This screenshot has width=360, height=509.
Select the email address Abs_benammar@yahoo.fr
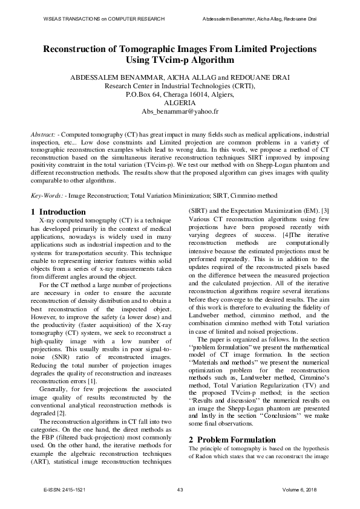pos(180,112)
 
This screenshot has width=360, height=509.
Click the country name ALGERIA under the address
pos(180,103)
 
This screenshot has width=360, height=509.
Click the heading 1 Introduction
pos(58,212)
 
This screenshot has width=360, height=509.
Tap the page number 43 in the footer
pos(180,489)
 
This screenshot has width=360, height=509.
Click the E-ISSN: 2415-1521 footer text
pos(65,489)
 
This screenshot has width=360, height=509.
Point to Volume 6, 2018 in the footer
pos(300,489)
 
